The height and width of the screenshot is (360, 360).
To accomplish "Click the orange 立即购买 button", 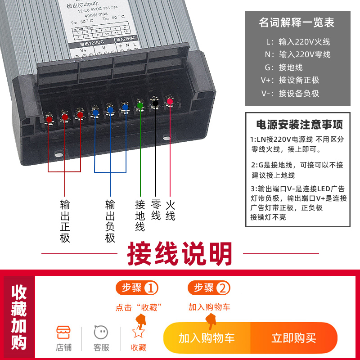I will click(x=293, y=338).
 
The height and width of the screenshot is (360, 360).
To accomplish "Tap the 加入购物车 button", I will click(x=207, y=338).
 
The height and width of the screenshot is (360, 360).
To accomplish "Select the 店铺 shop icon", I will click(x=64, y=333).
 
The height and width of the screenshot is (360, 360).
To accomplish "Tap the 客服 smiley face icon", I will click(x=101, y=333).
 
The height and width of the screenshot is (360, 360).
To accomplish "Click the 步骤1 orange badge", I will click(x=137, y=288).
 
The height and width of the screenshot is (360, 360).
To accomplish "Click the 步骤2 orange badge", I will click(x=209, y=288).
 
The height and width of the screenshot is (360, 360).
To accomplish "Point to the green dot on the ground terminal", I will click(x=140, y=105).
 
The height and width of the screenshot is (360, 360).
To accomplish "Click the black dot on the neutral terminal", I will click(x=155, y=103).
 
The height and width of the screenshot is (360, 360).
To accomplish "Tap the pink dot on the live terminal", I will click(x=170, y=101).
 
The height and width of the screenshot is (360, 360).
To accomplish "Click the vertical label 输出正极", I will click(x=65, y=220).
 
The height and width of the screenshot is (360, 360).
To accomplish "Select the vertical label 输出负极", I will click(x=110, y=220).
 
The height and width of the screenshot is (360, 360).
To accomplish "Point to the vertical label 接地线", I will click(x=140, y=215).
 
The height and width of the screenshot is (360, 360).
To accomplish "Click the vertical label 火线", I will click(x=170, y=210).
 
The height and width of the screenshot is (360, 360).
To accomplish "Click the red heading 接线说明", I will click(x=180, y=255).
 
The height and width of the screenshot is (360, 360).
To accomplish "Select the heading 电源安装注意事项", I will click(x=299, y=124).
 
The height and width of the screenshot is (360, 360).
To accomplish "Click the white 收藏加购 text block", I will click(x=19, y=317).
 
